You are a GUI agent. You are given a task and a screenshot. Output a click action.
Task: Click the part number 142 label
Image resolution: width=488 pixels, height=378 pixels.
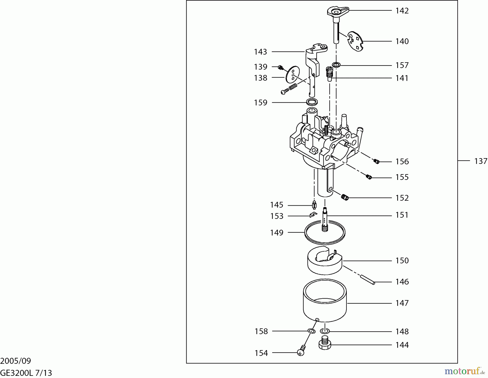pos(402,11)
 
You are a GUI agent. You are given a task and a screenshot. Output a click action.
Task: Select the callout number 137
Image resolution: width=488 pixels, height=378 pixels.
pos(481,161)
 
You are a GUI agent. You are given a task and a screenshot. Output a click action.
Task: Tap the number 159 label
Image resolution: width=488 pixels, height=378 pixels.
pos(261,103)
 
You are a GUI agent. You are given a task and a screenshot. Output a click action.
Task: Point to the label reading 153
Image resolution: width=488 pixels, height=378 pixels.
pos(277,216)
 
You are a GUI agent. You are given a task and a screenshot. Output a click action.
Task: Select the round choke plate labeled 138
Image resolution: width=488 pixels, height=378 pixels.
pos(293,75)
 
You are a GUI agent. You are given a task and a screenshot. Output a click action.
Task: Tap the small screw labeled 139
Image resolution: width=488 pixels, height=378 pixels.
pos(281,67)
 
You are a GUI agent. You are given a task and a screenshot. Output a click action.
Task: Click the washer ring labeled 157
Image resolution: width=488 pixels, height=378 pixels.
pos(336,65)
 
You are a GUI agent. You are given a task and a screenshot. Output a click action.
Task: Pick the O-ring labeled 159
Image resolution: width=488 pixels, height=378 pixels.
pos(312,102)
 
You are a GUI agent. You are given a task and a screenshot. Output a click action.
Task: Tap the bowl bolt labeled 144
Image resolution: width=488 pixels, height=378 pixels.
pos(325,343)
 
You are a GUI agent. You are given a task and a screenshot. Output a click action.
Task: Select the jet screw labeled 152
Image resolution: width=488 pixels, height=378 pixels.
pos(345,198)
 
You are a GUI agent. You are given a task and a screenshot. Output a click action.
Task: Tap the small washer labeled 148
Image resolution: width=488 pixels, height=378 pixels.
pos(325,331)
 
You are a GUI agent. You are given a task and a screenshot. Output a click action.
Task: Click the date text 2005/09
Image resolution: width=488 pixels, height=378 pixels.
pos(16,361)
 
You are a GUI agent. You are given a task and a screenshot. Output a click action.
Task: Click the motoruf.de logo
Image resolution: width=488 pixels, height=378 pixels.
pos(465,371)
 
